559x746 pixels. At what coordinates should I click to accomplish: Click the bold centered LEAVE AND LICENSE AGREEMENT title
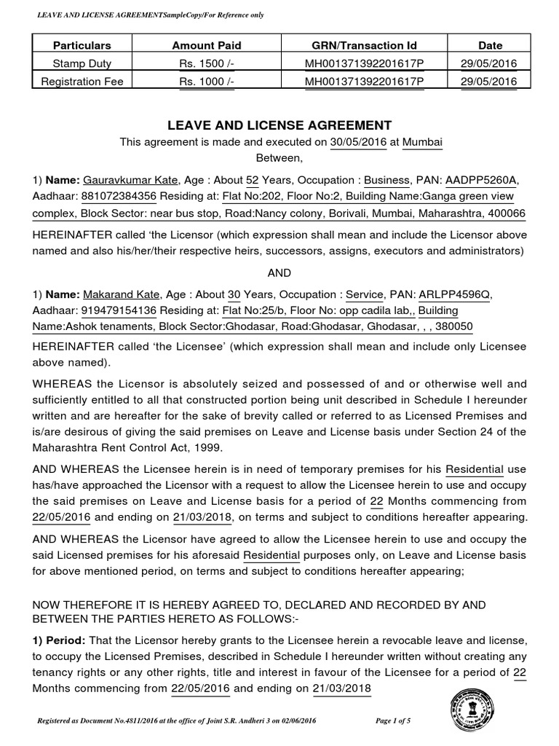(x=279, y=125)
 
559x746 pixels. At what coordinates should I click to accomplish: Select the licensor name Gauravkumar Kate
(x=126, y=180)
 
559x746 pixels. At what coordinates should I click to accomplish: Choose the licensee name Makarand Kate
(x=117, y=294)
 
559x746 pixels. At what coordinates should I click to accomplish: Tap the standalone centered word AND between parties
(x=279, y=272)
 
